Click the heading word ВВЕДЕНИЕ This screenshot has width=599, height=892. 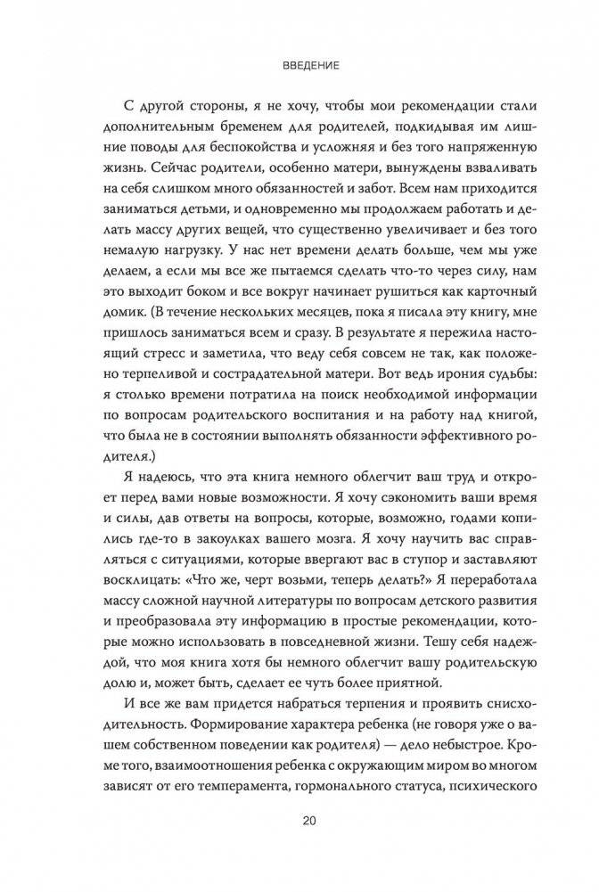pos(299,65)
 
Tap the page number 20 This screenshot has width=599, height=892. pos(299,821)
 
